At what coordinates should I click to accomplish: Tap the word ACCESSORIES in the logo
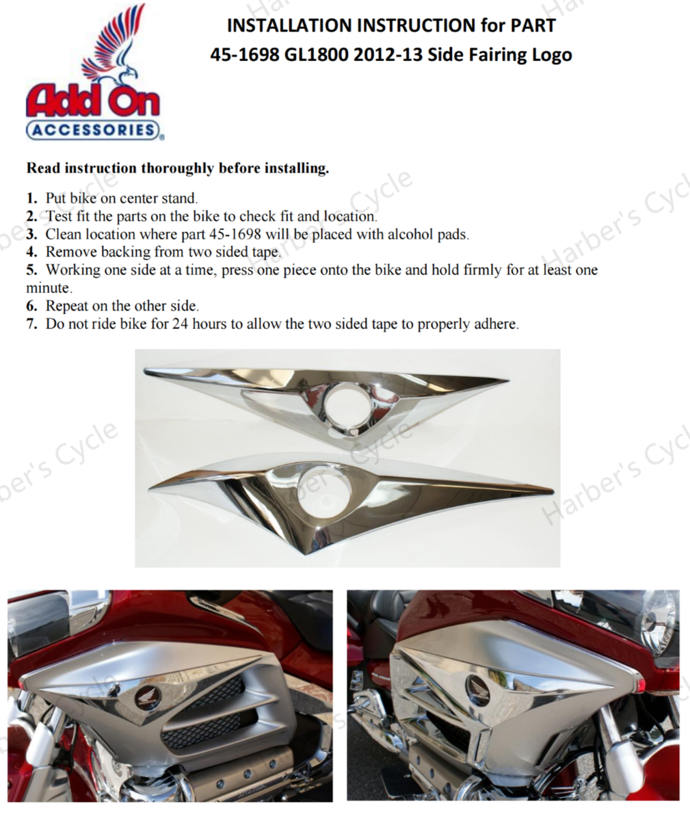(92, 130)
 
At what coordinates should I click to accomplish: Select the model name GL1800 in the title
(315, 55)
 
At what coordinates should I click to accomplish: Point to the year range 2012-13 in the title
(388, 55)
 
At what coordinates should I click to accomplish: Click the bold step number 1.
(31, 198)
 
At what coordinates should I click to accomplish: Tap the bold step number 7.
(31, 324)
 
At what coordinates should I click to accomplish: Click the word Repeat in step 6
(67, 307)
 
